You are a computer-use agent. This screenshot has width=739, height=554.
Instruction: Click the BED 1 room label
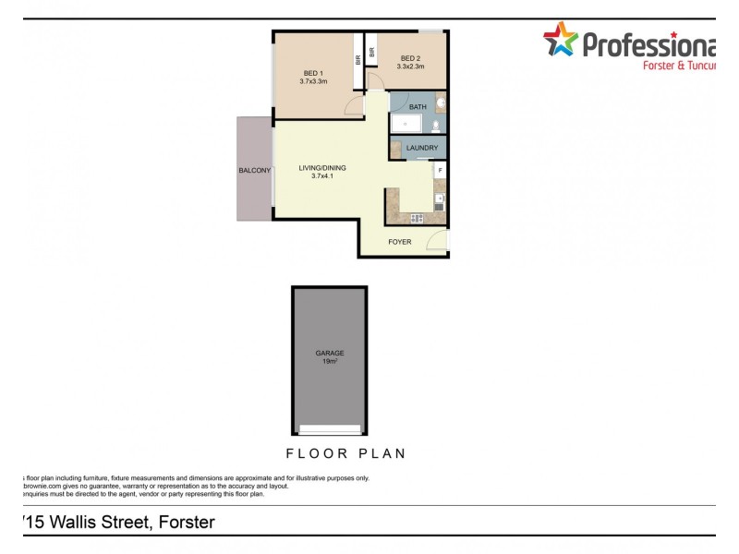314,73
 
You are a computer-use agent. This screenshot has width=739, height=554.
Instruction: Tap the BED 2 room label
410,57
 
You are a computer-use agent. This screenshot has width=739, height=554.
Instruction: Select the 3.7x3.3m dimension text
314,82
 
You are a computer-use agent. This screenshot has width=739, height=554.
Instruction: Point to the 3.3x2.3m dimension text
410,66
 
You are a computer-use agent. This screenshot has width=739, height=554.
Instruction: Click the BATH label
418,107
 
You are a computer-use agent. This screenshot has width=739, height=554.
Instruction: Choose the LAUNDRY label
421,148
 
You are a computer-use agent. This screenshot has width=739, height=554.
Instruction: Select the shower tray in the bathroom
406,124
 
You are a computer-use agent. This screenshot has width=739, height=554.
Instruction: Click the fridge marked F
440,171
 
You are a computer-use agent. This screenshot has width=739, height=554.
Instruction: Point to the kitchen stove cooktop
417,218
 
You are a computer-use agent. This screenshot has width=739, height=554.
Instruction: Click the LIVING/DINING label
321,168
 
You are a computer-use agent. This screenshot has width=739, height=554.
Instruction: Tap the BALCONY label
254,171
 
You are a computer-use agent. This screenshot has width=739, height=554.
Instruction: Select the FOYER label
400,242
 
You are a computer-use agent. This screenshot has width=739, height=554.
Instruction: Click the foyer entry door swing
438,241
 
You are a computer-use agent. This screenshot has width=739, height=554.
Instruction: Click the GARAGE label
330,352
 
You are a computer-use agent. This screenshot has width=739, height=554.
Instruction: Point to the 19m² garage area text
330,361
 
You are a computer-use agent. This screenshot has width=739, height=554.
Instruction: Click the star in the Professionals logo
560,41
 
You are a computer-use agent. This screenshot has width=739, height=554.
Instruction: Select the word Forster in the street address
187,523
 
